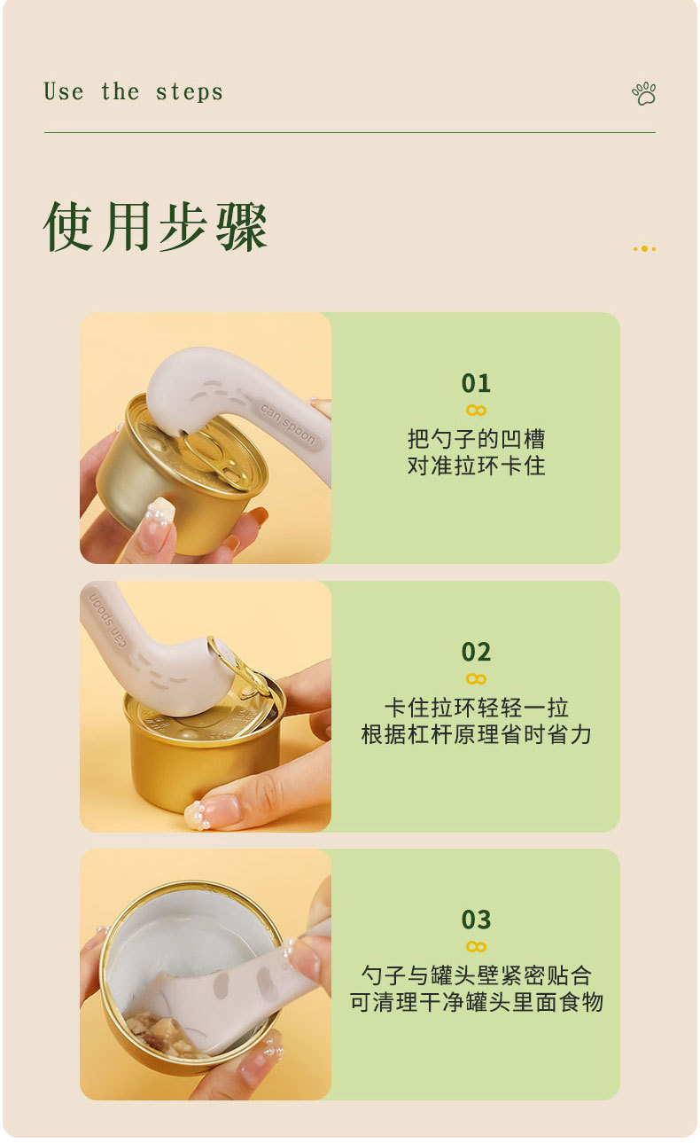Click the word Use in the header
click(63, 92)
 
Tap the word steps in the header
click(189, 92)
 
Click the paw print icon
click(644, 93)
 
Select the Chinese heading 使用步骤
click(155, 226)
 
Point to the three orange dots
click(644, 249)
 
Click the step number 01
click(476, 383)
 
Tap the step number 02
click(476, 652)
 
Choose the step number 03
click(476, 920)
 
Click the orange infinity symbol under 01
click(476, 411)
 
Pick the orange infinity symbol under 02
click(476, 678)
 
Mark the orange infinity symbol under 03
click(476, 946)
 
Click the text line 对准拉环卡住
click(476, 466)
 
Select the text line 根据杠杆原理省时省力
click(476, 735)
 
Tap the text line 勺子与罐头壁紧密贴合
click(476, 975)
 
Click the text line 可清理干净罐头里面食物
click(476, 1002)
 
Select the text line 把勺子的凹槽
click(476, 439)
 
